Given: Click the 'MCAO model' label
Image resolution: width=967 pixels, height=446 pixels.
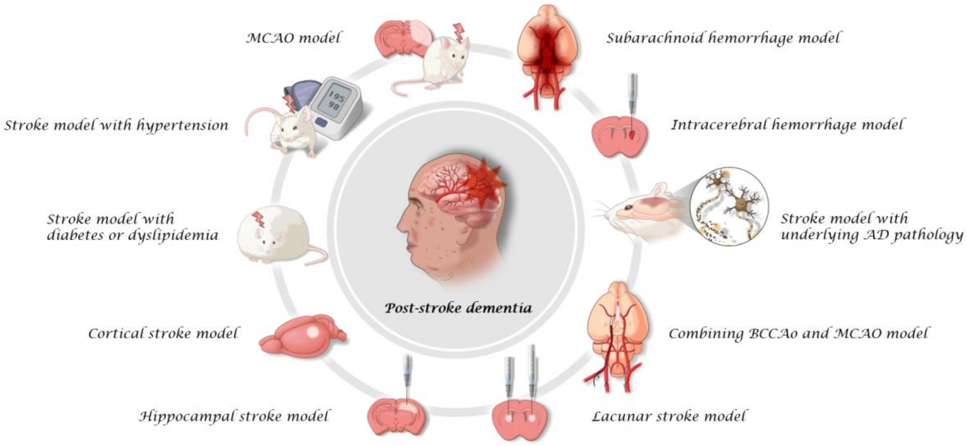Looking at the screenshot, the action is (293, 38).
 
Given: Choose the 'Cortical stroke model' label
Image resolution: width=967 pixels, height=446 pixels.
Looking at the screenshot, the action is (163, 333).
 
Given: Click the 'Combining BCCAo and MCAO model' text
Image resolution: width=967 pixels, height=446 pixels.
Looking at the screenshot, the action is (798, 333).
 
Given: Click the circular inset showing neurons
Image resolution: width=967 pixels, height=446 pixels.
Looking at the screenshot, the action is (729, 206).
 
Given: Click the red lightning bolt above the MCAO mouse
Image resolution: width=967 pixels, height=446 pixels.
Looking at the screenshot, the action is (459, 32).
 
